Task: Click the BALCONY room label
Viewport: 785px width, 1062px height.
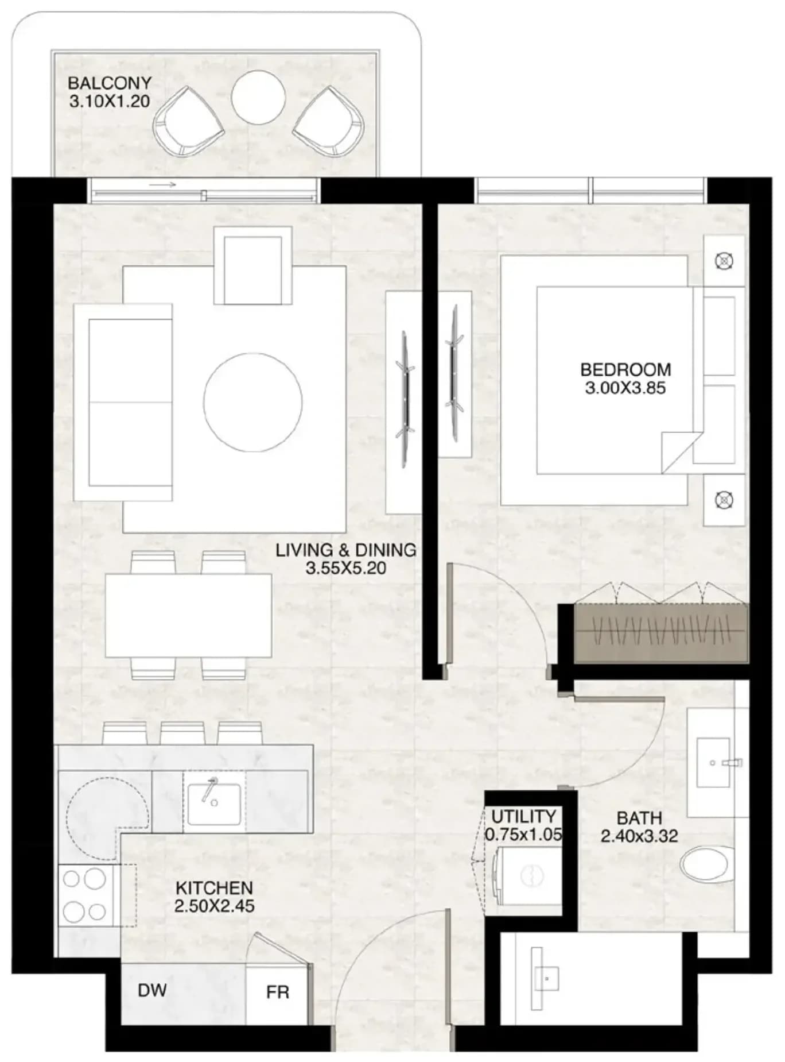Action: [x=110, y=83]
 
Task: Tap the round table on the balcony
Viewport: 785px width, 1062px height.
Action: [x=258, y=96]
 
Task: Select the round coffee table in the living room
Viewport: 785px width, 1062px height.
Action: [x=253, y=402]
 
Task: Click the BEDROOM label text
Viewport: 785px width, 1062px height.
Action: [x=625, y=369]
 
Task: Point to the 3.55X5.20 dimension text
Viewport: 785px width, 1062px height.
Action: [x=346, y=569]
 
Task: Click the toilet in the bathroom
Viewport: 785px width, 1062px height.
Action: [x=707, y=863]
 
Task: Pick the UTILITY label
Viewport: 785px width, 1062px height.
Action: [x=523, y=816]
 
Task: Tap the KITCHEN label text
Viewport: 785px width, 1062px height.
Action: [x=214, y=887]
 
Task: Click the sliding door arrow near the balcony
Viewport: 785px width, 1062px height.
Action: [x=162, y=186]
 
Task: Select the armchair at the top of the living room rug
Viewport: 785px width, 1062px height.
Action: [x=253, y=265]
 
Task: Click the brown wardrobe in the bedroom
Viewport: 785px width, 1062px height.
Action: [x=661, y=633]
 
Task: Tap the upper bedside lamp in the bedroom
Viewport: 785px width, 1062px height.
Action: [x=724, y=261]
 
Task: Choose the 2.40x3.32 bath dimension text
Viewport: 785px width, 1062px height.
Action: [x=639, y=836]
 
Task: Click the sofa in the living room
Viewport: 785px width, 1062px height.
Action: [x=123, y=402]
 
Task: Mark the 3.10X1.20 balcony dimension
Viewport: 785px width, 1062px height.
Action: [x=110, y=102]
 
